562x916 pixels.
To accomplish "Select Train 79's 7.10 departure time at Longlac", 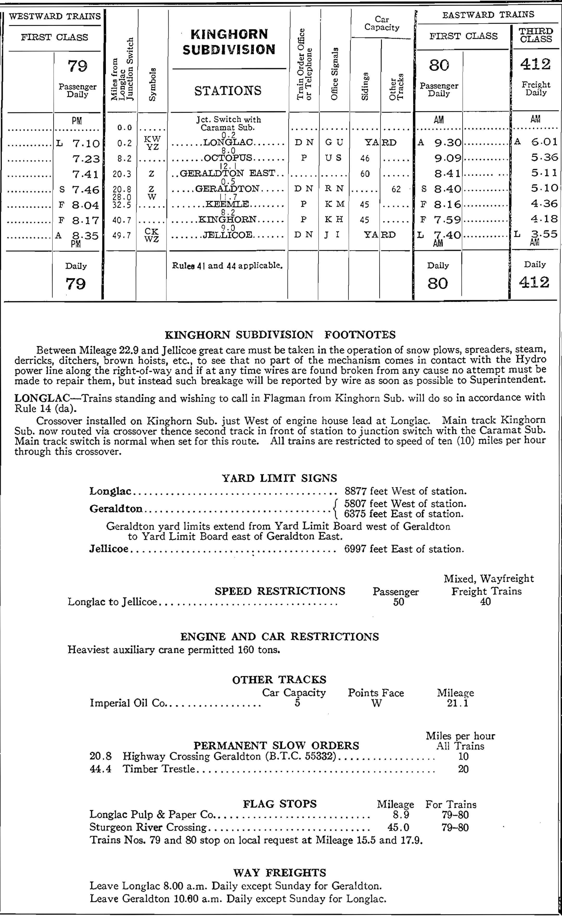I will coord(86,143).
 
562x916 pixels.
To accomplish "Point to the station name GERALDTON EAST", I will coord(228,173).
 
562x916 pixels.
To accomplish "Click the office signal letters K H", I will coord(334,219).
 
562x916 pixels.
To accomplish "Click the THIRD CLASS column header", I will coord(536,35).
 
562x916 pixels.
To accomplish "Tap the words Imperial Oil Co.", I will coord(127,703).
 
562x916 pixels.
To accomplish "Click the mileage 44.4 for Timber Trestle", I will coord(100,769).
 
